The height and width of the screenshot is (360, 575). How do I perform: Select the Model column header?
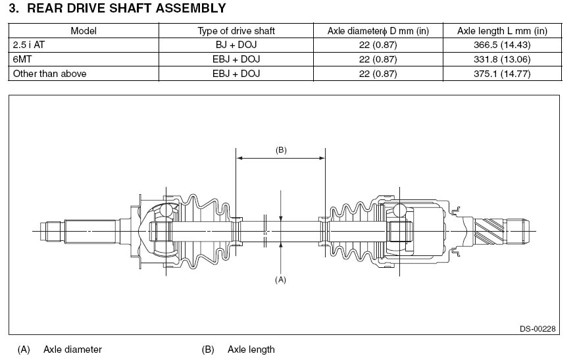84,31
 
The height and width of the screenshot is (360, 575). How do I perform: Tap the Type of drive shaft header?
236,31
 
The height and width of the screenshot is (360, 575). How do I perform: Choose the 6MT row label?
22,59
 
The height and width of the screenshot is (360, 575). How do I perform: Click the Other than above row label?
49,74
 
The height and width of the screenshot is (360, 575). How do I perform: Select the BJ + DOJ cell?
236,45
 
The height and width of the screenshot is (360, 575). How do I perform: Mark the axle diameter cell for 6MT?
378,59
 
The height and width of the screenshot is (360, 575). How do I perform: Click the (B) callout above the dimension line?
281,150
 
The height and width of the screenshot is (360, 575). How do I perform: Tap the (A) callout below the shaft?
281,279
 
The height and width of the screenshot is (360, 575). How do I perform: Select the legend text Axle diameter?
72,349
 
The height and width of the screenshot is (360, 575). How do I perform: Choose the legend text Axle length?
251,349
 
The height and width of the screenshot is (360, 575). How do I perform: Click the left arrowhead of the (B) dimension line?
239,158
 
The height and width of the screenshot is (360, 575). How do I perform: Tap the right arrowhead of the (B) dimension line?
322,158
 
